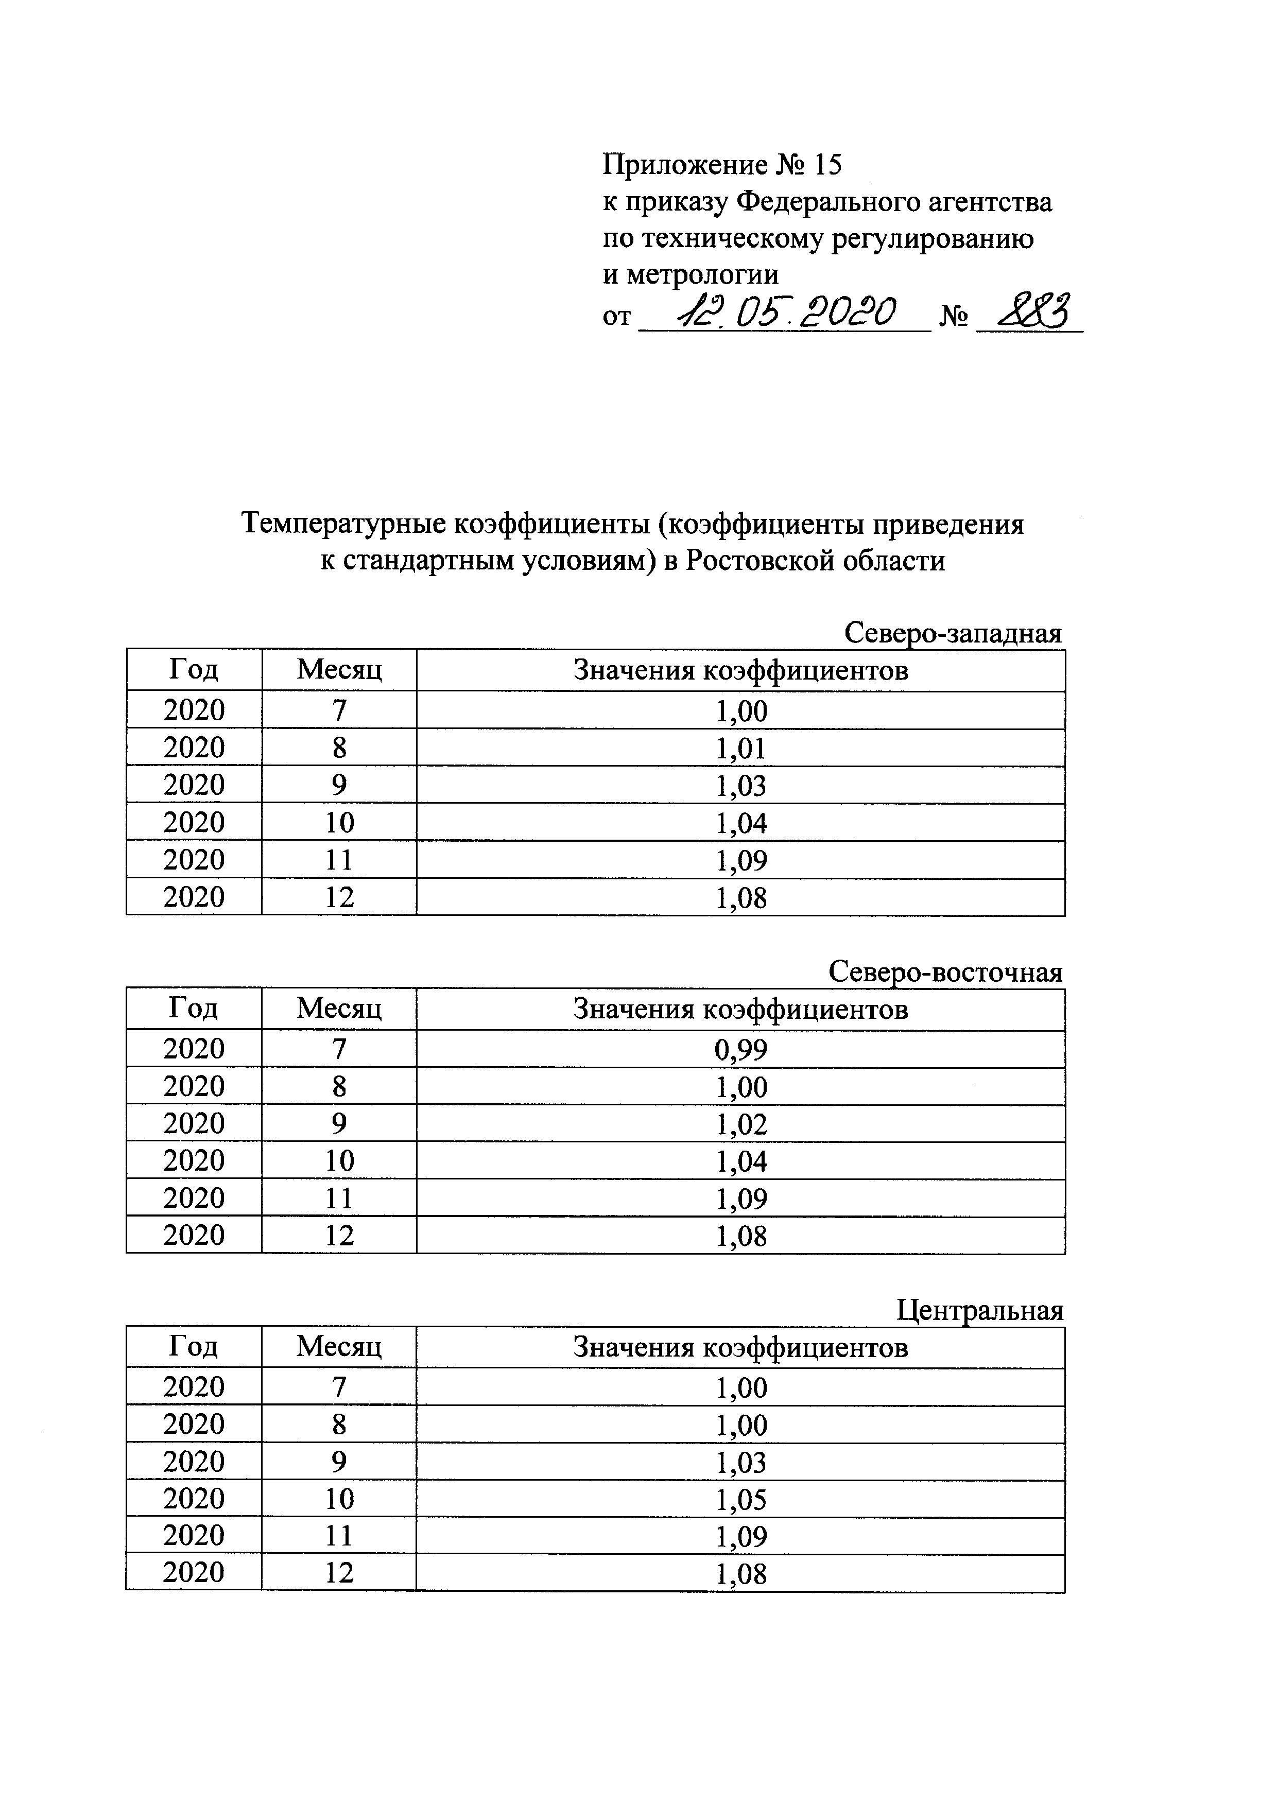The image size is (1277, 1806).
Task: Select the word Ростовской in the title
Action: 760,561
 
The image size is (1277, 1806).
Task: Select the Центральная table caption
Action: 979,1310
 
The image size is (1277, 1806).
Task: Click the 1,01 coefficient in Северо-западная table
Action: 741,748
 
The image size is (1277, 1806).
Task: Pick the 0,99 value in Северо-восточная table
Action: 741,1049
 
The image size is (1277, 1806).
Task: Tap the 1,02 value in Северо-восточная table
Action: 741,1124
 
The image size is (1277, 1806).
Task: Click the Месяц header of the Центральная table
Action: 339,1347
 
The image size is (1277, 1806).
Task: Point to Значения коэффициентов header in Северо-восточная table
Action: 740,1009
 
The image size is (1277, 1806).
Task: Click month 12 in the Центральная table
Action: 339,1573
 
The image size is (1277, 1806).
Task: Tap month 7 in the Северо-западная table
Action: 339,710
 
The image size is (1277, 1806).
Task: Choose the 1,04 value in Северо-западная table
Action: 741,823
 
